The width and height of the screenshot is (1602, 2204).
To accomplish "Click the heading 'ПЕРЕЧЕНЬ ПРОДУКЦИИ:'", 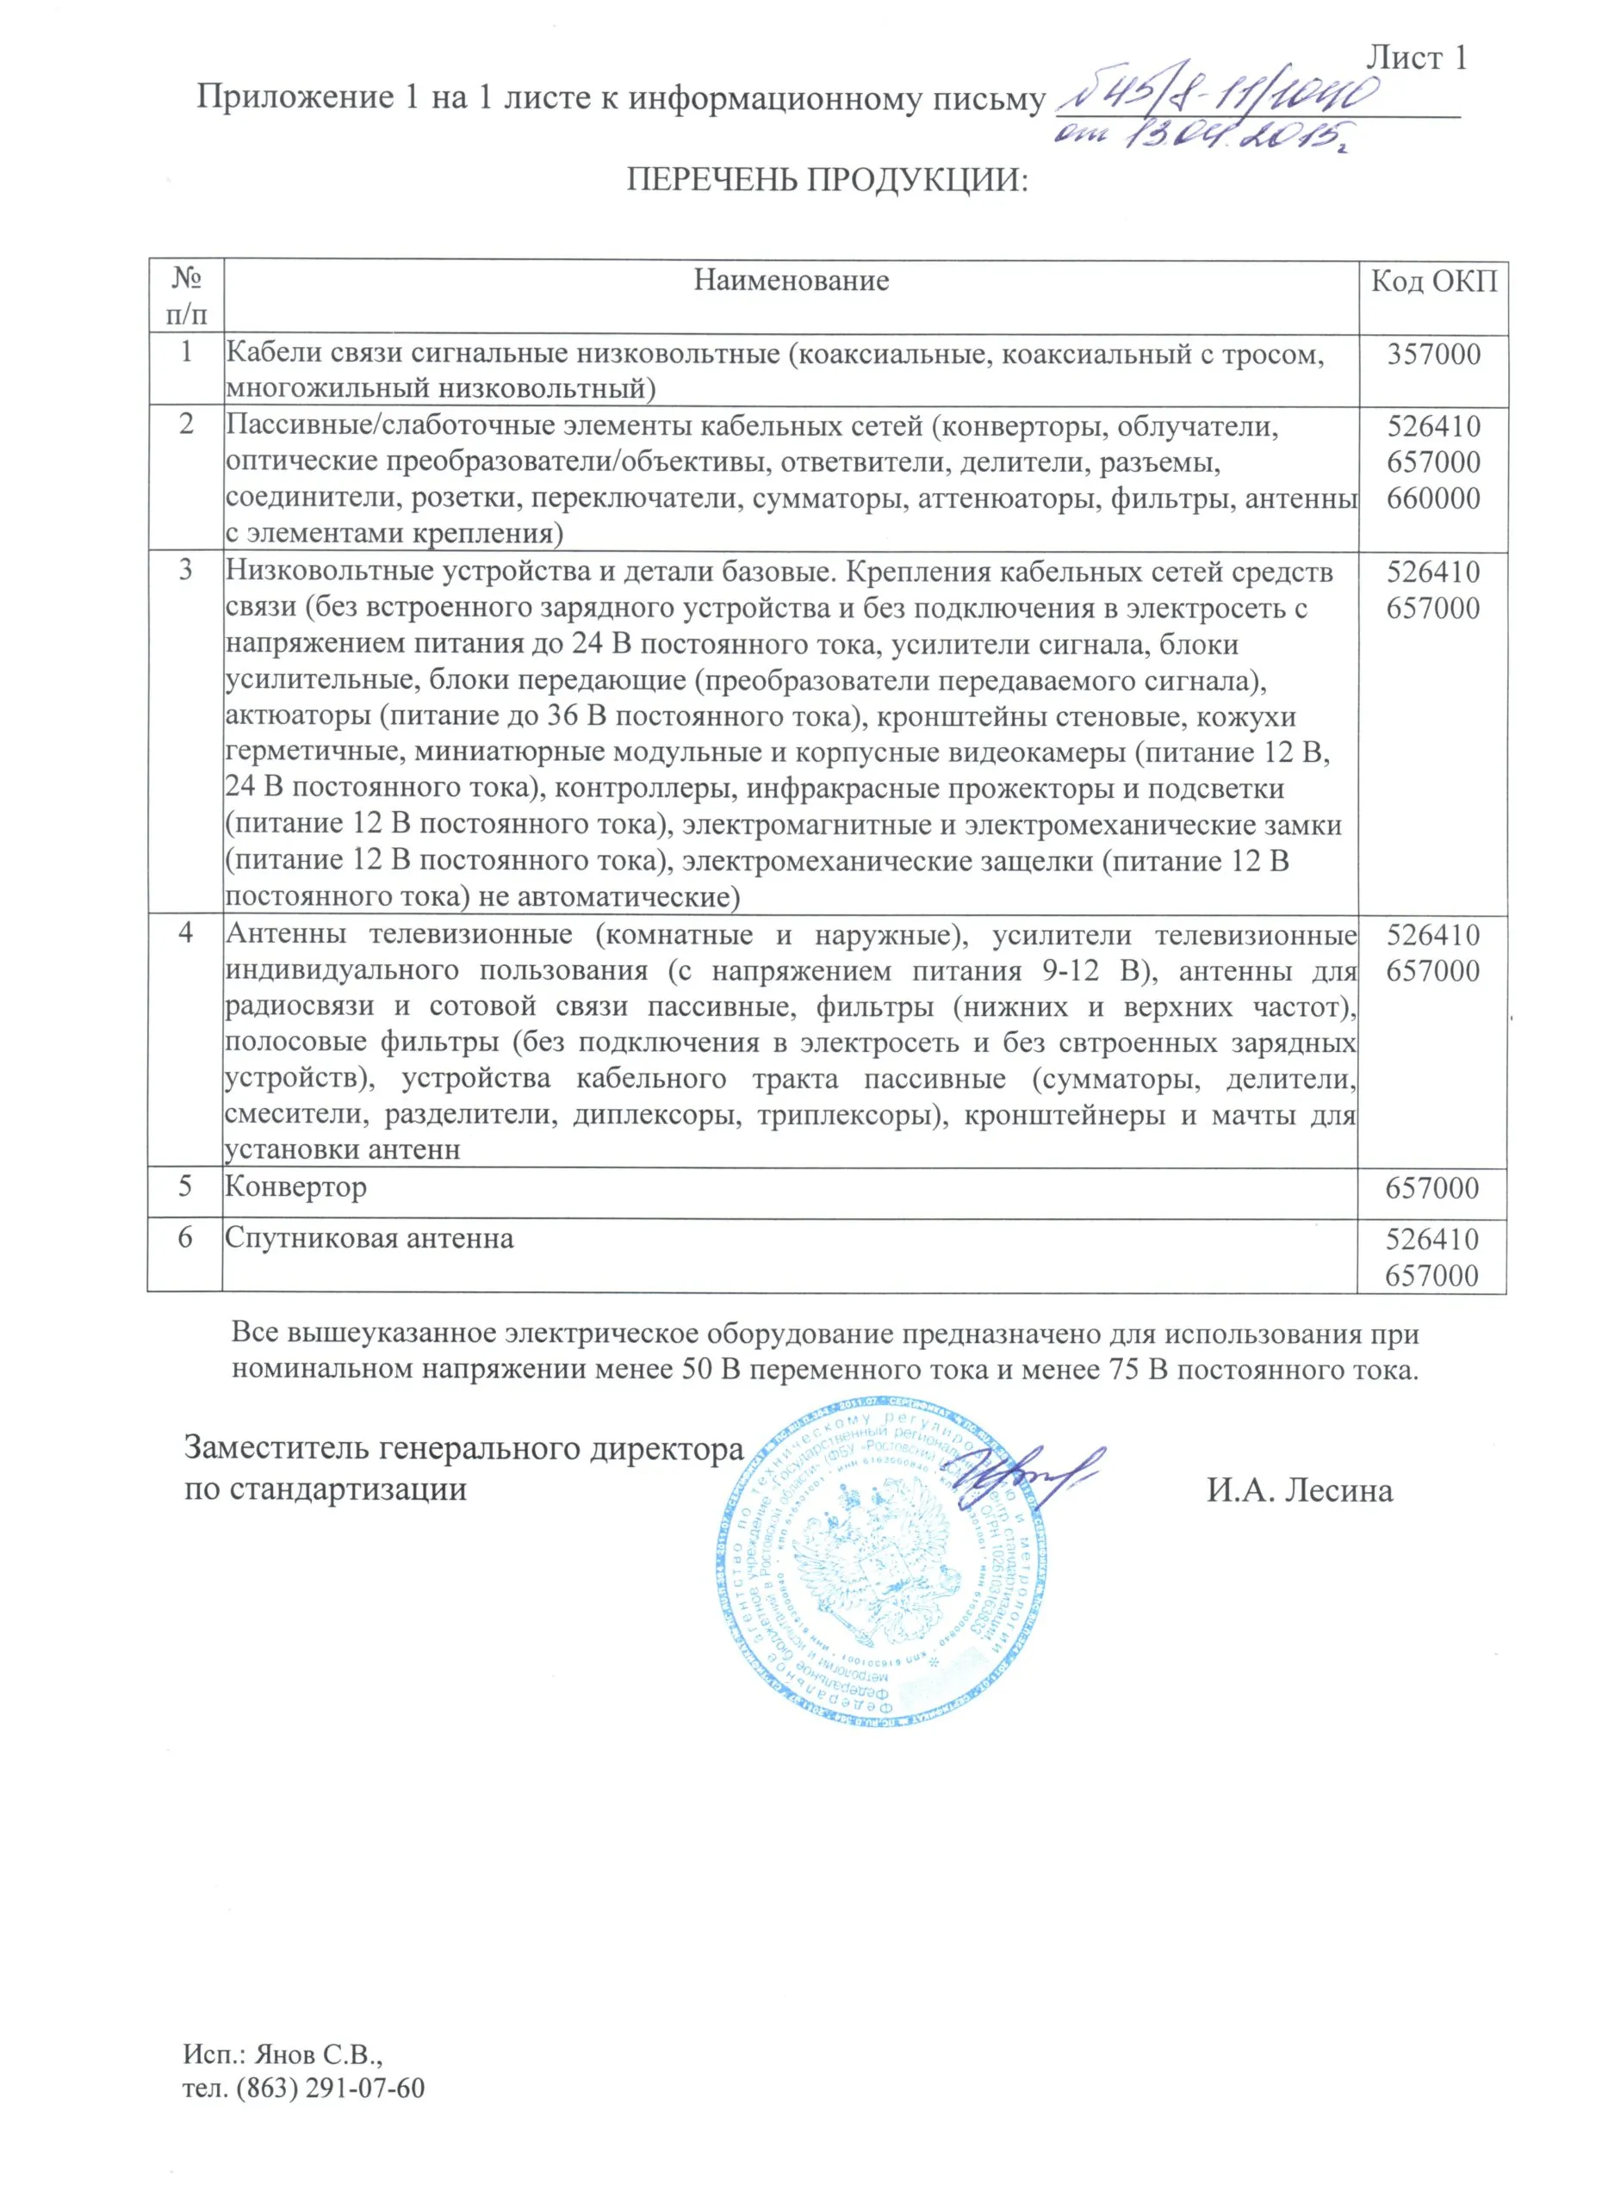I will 826,180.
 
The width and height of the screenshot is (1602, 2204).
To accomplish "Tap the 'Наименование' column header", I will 791,281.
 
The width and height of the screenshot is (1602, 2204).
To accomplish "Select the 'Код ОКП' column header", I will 1433,282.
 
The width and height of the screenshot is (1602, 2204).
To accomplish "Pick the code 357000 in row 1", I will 1433,354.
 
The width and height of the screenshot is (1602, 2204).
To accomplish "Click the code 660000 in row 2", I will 1433,498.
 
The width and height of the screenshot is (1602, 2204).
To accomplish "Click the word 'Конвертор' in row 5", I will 295,1186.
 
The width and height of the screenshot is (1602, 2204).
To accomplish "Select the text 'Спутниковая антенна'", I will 369,1238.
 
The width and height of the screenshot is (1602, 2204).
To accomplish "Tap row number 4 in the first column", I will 186,933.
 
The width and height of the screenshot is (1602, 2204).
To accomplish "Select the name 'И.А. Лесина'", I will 1300,1489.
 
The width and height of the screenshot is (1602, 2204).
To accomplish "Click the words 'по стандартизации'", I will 326,1489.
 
